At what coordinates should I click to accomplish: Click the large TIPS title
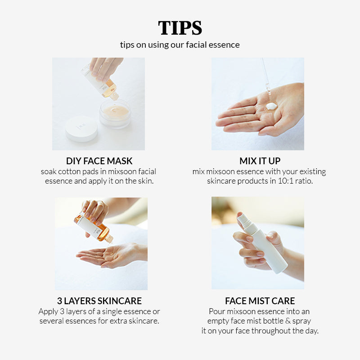180,28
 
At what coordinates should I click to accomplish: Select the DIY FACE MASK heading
99,161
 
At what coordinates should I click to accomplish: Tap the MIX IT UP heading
260,161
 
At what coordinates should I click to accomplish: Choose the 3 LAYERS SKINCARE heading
99,301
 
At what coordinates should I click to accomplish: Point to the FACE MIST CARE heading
260,301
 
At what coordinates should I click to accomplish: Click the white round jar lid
81,128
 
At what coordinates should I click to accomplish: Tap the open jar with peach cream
115,114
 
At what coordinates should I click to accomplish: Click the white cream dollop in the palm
271,106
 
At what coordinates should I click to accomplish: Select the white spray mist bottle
262,243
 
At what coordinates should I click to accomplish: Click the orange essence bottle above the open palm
94,227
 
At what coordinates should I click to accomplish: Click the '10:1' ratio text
285,181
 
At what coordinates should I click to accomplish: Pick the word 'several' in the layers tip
51,321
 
